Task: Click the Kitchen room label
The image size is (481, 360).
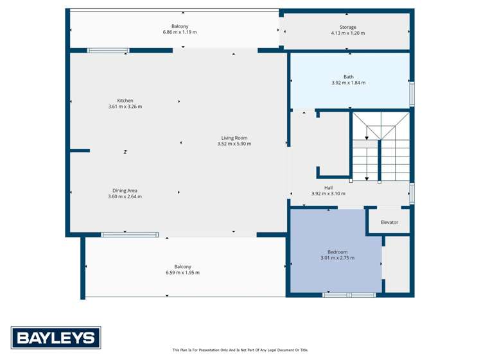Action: (x=125, y=101)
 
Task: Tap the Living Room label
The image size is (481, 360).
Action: (x=234, y=138)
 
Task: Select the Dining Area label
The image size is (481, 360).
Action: (x=125, y=191)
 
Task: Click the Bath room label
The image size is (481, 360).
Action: (x=348, y=77)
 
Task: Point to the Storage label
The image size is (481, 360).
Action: (x=348, y=28)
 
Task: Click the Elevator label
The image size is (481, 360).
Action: (x=389, y=222)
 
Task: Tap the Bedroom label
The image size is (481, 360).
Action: (x=337, y=252)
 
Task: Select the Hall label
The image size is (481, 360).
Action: (x=328, y=188)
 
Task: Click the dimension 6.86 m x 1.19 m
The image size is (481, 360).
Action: (x=180, y=32)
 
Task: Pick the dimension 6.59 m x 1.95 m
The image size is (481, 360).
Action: (x=182, y=273)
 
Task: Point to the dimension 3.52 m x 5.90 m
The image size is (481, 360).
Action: (x=234, y=144)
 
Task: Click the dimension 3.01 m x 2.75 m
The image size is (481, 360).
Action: (x=337, y=258)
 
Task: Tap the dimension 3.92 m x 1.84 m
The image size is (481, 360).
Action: (x=348, y=83)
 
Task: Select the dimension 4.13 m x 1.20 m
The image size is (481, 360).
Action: (x=348, y=33)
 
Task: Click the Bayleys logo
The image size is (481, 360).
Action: (x=56, y=338)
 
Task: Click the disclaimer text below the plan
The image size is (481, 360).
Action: (x=240, y=350)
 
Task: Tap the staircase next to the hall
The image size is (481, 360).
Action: (x=380, y=146)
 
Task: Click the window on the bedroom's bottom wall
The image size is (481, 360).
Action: (x=349, y=295)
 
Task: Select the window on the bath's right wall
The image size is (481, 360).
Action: (x=412, y=93)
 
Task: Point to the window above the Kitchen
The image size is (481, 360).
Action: (x=108, y=50)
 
